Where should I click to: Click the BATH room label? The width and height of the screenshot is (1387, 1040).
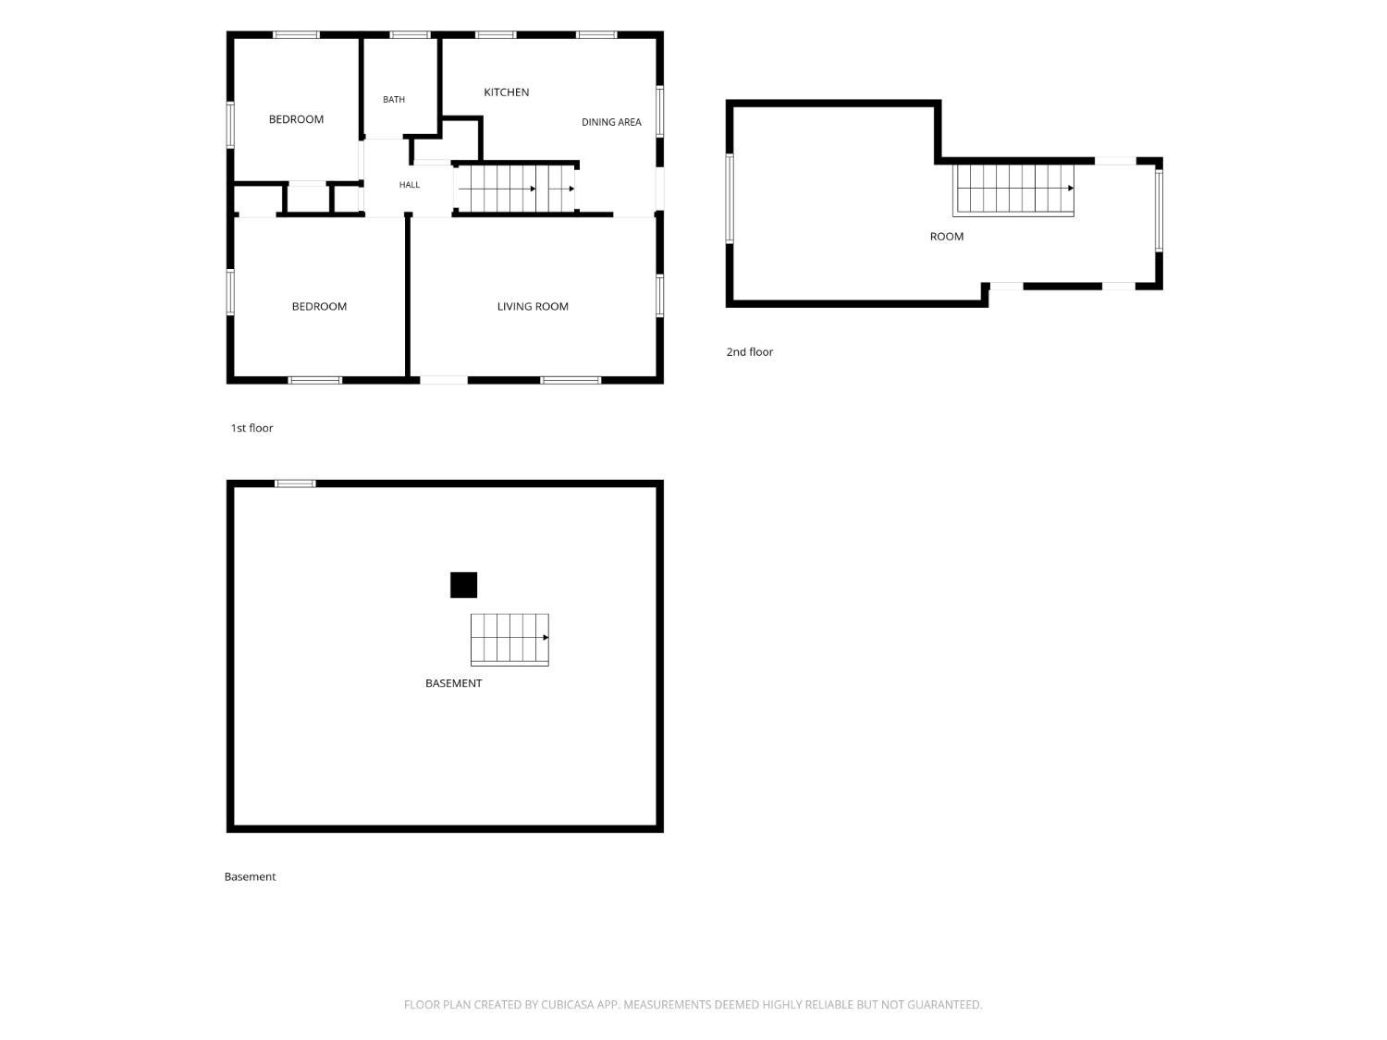(393, 99)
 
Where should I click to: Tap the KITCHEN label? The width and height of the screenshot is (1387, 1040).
(506, 92)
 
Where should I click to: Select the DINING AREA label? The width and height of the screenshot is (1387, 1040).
(610, 122)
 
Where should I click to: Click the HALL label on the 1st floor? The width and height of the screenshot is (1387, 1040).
(409, 184)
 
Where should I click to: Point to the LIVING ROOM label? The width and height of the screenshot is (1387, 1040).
(532, 306)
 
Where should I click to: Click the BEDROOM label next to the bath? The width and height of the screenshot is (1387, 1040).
(296, 119)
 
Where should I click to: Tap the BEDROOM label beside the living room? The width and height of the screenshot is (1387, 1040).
(318, 306)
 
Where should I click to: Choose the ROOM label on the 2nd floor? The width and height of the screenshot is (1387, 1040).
(946, 236)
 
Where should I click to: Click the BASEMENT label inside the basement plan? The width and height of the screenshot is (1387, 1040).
(453, 682)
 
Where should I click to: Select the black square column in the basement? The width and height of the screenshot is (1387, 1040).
(463, 585)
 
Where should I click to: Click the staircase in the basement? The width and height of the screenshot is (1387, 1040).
(509, 639)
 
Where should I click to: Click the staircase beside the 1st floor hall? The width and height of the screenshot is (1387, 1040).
(516, 189)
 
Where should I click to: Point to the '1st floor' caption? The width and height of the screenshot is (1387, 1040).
(252, 427)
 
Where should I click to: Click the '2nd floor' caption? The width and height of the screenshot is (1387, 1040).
(749, 351)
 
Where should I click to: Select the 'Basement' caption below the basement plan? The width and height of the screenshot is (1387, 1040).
(250, 876)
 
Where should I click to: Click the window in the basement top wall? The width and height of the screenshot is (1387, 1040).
(295, 483)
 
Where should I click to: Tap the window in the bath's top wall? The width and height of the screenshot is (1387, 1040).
(410, 35)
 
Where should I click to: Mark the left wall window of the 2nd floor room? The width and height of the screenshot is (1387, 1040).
(730, 198)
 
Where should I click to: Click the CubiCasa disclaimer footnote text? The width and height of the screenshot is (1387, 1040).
(693, 1004)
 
